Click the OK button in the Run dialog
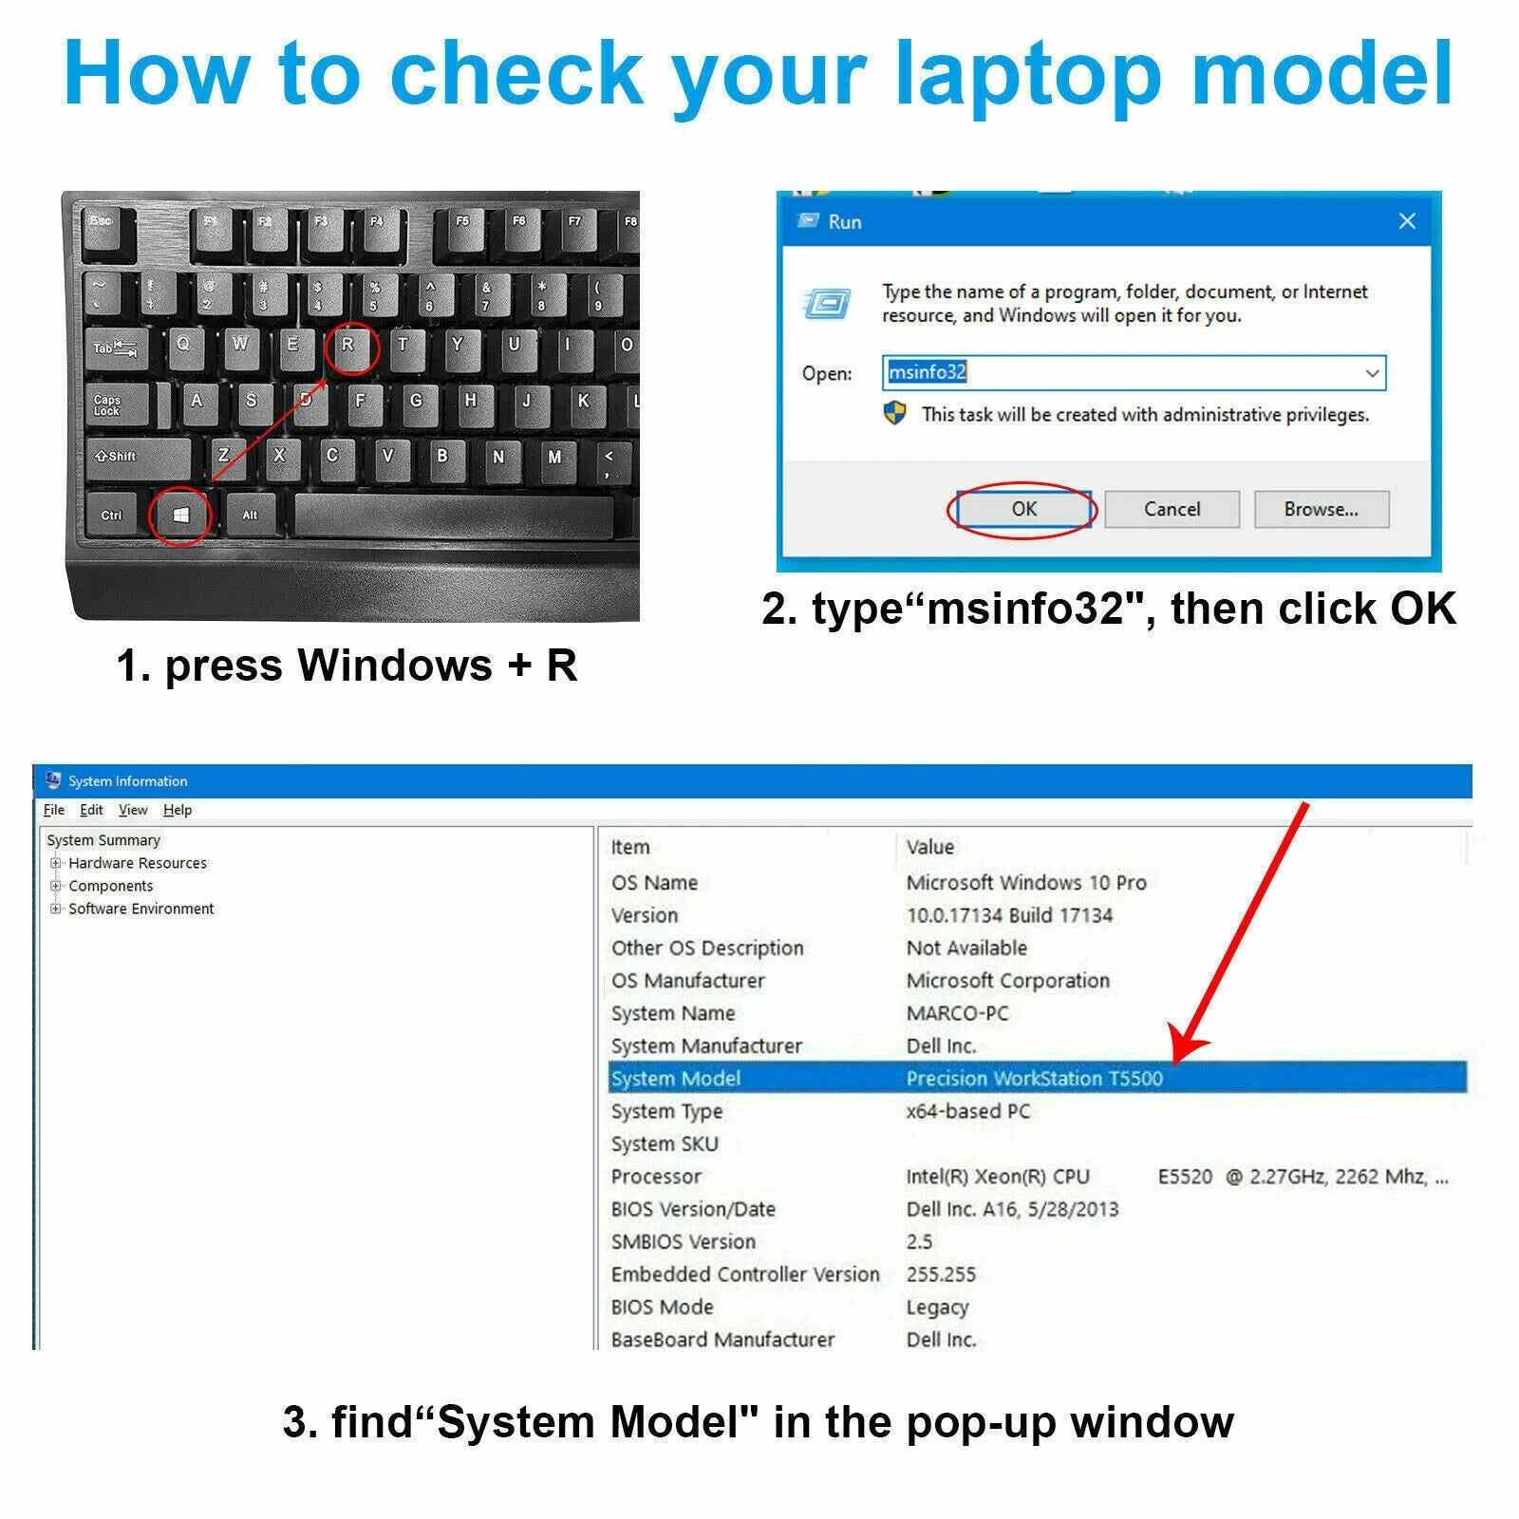coord(1023,509)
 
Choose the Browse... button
coord(1322,509)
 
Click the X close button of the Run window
coord(1407,221)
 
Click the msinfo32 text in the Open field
coord(927,372)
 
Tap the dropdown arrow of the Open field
coord(1372,373)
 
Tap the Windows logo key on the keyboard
coord(181,516)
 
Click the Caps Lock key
coord(118,405)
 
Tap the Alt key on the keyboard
coord(251,516)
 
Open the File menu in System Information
coord(54,810)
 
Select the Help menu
coord(178,810)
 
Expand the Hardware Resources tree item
coord(56,863)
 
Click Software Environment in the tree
coord(141,909)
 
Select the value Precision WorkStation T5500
coord(1034,1078)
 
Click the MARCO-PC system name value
coord(957,1013)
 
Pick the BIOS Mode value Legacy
coord(937,1307)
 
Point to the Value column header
coord(929,847)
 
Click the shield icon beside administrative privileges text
coord(894,414)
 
